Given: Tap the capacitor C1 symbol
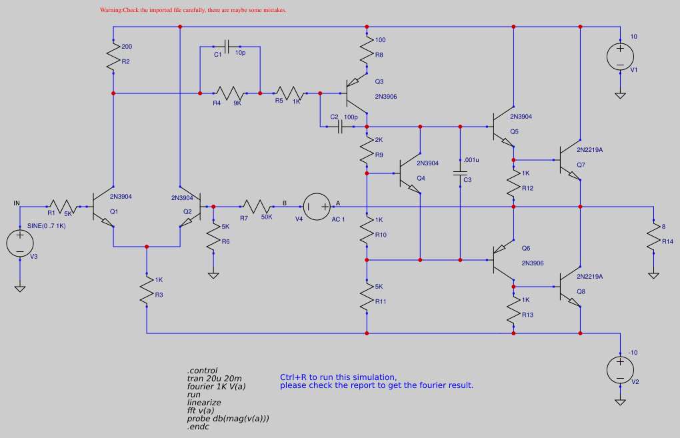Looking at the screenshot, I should pyautogui.click(x=228, y=47).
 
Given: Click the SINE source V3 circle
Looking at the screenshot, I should pyautogui.click(x=20, y=243).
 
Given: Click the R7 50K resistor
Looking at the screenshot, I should pyautogui.click(x=257, y=207).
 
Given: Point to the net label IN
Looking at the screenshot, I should pyautogui.click(x=17, y=203).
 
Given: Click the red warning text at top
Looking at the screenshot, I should pyautogui.click(x=193, y=11).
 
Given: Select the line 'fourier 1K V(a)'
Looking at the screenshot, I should pyautogui.click(x=216, y=386).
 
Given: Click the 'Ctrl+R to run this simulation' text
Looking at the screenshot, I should pyautogui.click(x=338, y=377).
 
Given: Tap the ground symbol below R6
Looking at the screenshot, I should pyautogui.click(x=213, y=274).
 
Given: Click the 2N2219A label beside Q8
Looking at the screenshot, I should pyautogui.click(x=589, y=276).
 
